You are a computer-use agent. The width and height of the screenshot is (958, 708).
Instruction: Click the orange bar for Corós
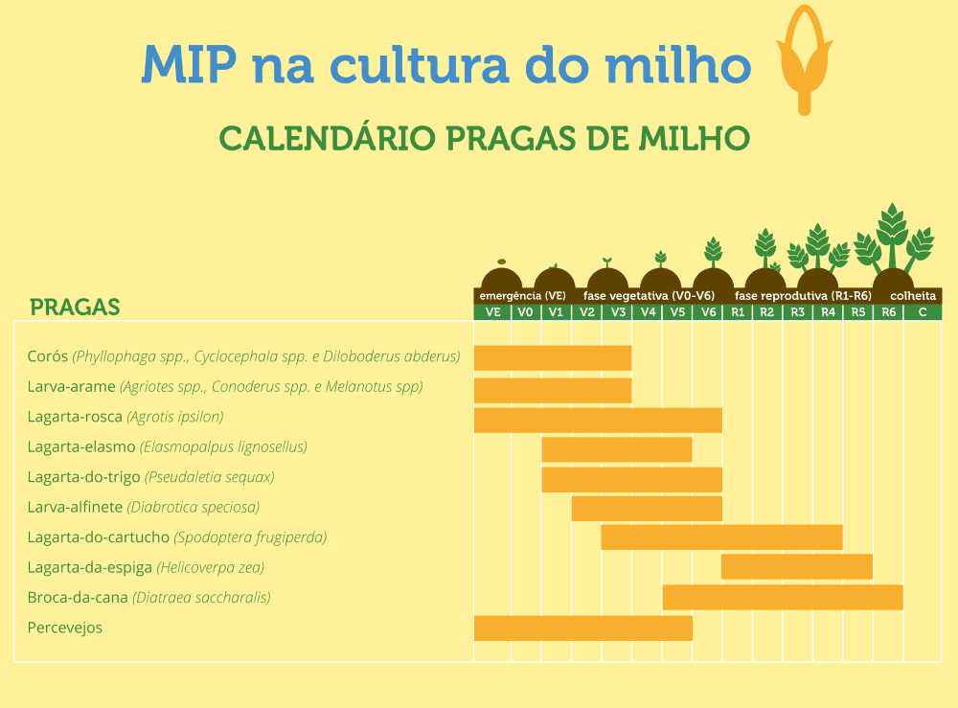(x=553, y=357)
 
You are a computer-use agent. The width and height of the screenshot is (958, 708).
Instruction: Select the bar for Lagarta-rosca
(x=598, y=420)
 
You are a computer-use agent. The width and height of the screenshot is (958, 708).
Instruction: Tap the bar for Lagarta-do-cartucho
(x=721, y=537)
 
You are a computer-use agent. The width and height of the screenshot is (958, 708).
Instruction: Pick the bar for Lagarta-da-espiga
(x=796, y=566)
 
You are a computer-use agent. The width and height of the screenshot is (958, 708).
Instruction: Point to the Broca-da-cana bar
(x=782, y=597)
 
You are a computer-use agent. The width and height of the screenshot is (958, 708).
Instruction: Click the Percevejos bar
(x=582, y=628)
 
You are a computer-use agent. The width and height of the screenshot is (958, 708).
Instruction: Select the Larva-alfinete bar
(x=647, y=508)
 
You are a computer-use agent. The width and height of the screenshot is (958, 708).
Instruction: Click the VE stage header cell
(x=492, y=312)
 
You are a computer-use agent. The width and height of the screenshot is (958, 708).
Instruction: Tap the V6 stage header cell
(x=708, y=312)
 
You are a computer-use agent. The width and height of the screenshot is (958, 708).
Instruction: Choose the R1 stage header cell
(x=738, y=312)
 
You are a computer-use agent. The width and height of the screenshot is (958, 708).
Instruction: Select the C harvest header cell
(x=923, y=312)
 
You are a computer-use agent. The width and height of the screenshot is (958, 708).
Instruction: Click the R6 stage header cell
(x=888, y=312)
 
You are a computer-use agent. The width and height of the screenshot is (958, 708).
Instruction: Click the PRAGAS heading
(x=75, y=308)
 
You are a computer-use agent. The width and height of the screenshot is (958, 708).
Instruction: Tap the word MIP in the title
(x=188, y=64)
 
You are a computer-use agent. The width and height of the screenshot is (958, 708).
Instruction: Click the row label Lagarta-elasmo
(x=81, y=446)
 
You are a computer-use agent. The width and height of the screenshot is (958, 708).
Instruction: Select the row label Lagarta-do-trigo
(x=83, y=477)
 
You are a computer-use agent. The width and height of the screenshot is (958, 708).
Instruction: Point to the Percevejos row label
(x=65, y=628)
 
